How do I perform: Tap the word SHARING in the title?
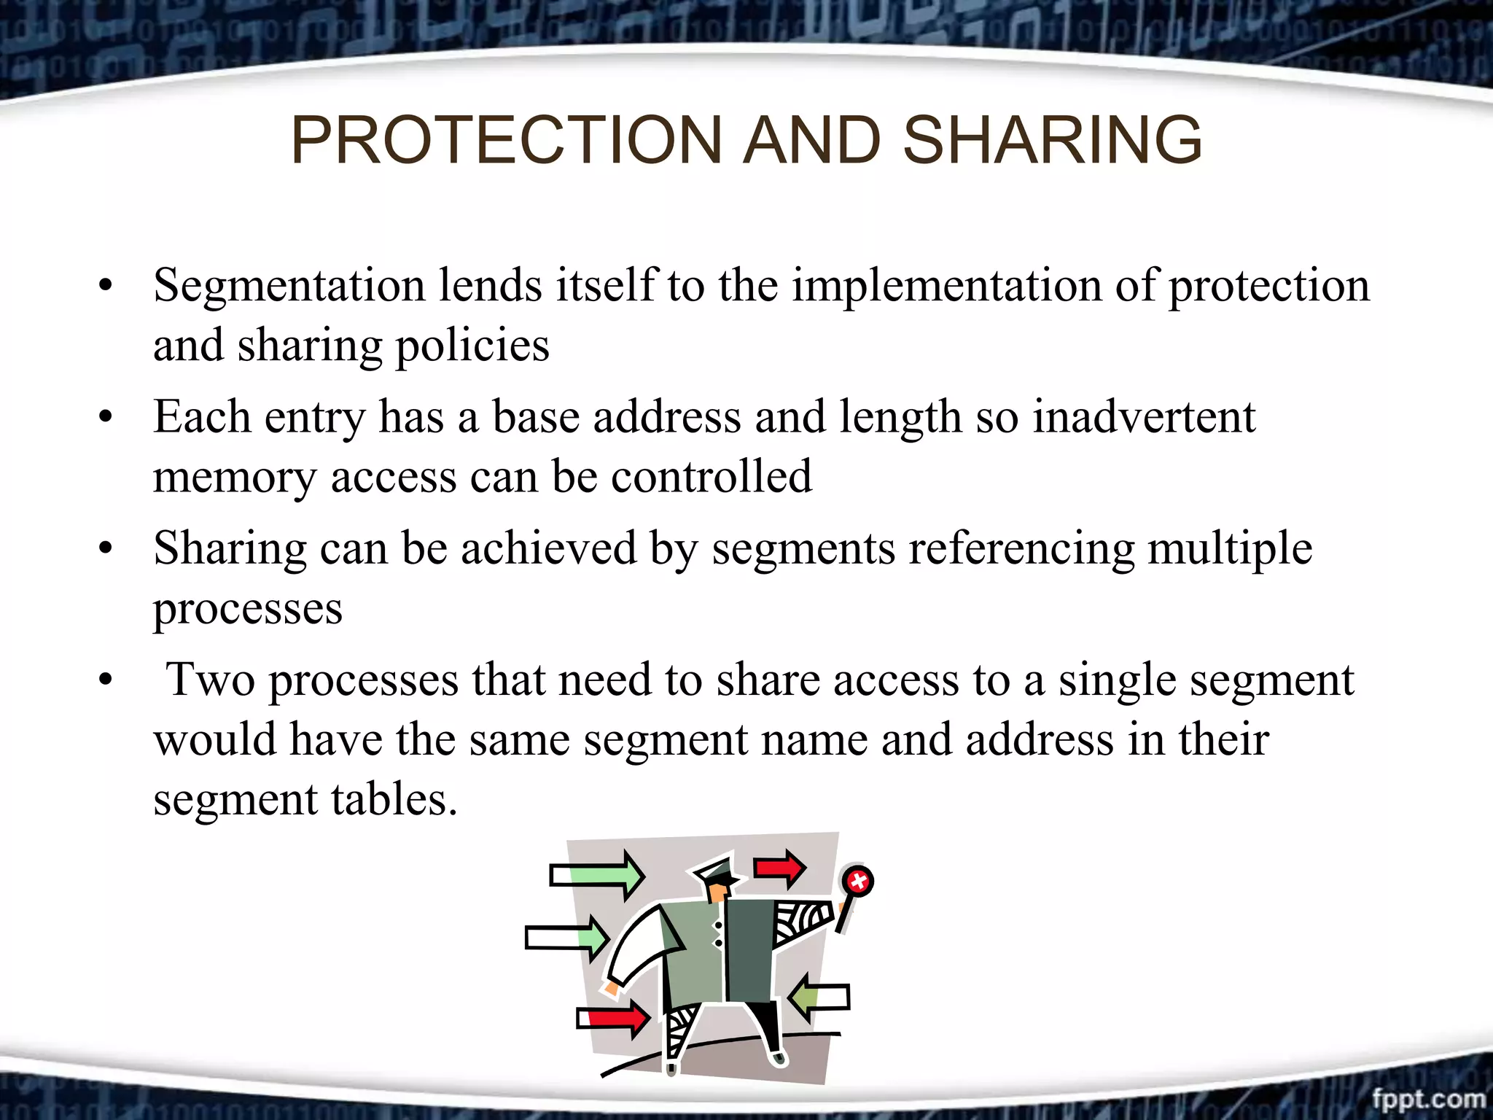1052,140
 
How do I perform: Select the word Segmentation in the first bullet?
289,285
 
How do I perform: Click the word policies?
472,346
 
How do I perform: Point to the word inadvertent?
1144,417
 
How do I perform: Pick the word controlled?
711,477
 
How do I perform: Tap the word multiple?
1230,548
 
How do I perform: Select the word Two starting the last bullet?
211,680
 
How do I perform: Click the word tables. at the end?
394,800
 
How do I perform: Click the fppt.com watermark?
1427,1098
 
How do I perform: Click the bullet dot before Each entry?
106,419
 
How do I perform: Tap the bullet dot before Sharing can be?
106,550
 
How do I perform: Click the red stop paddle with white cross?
857,881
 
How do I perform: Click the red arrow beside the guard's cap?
779,868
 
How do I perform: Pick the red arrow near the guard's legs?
614,1018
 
